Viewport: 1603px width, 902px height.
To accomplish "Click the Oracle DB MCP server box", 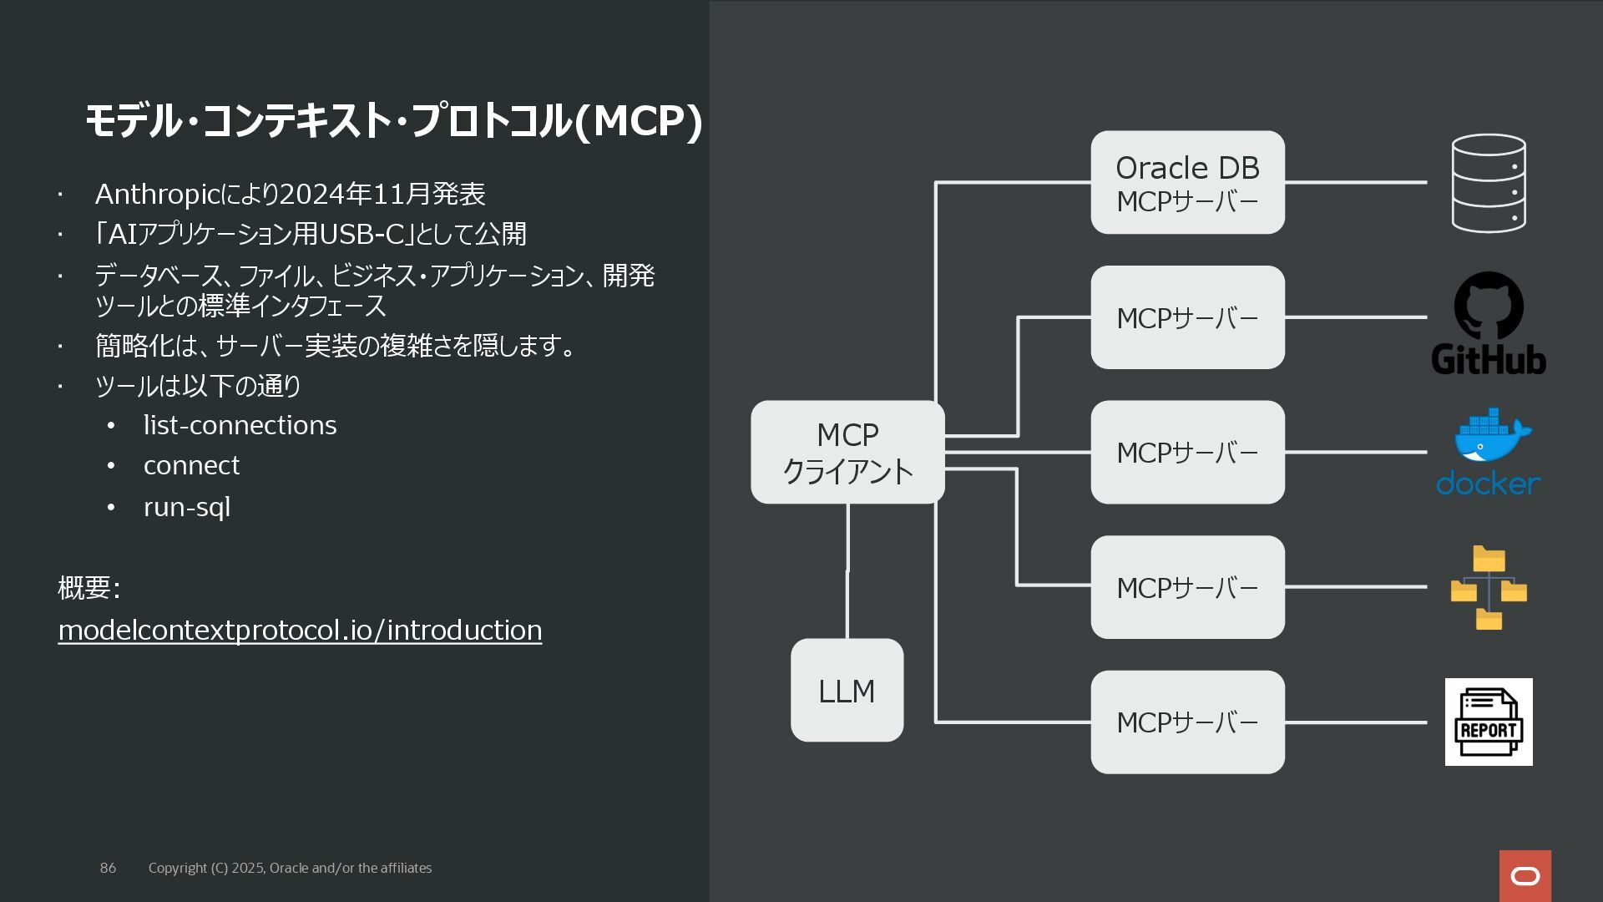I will pyautogui.click(x=1187, y=182).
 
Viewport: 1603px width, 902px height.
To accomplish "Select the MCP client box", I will pyautogui.click(x=847, y=452).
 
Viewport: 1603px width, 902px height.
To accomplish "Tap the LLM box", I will pyautogui.click(x=847, y=691).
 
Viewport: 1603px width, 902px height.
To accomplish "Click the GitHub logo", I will pyautogui.click(x=1489, y=323).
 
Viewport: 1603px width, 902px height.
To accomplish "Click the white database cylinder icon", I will pyautogui.click(x=1489, y=183).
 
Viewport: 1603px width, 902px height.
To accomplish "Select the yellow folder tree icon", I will pyautogui.click(x=1489, y=587).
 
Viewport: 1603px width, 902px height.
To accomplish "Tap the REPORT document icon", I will pyautogui.click(x=1489, y=722).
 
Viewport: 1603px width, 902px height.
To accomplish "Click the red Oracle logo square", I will pyautogui.click(x=1525, y=876).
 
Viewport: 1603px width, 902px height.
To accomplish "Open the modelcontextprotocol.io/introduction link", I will pyautogui.click(x=300, y=630).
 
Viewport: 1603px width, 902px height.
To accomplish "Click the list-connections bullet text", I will pyautogui.click(x=240, y=425).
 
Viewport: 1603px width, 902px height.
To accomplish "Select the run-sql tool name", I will pyautogui.click(x=187, y=507).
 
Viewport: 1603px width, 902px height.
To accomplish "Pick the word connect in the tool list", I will pyautogui.click(x=191, y=465).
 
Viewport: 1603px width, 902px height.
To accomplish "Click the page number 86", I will pyautogui.click(x=108, y=868).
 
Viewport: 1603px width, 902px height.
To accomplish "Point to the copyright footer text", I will pyautogui.click(x=290, y=868).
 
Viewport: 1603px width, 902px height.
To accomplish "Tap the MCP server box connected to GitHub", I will pyautogui.click(x=1187, y=317).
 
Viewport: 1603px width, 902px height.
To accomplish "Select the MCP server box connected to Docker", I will pyautogui.click(x=1187, y=452).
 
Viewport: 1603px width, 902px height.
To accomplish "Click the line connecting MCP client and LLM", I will pyautogui.click(x=847, y=571).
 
